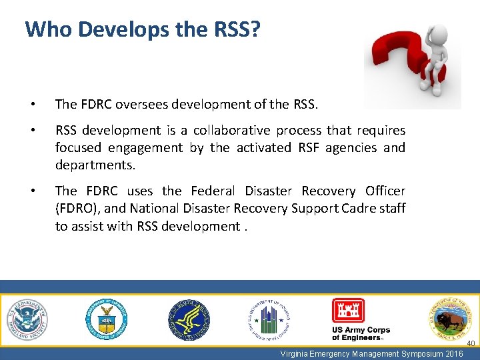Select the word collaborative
[233, 130]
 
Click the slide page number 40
[470, 343]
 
